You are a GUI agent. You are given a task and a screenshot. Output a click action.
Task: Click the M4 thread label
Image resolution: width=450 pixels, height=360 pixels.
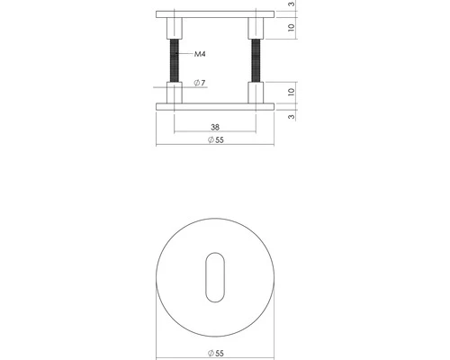tap(202, 56)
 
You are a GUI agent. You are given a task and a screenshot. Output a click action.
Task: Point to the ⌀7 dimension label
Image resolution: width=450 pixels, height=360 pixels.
tap(200, 84)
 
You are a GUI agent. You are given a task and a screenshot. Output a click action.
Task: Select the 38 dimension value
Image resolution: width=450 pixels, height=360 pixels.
tap(214, 127)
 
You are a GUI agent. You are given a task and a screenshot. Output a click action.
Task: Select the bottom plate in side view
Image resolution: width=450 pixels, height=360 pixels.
tap(214, 105)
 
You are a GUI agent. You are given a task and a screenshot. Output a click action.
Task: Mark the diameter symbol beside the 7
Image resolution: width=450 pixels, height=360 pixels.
tap(196, 84)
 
